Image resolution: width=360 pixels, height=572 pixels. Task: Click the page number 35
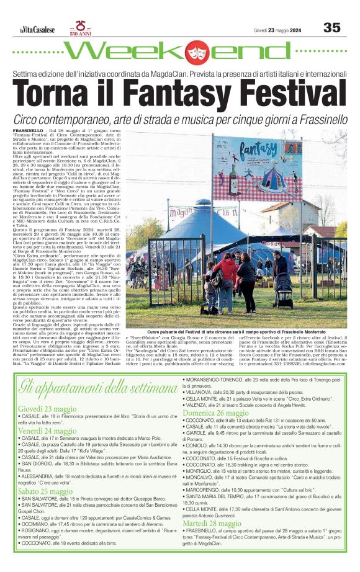[332, 27]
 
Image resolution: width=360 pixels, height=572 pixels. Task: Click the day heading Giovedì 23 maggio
[47, 409]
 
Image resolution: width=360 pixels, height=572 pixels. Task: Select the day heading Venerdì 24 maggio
[47, 431]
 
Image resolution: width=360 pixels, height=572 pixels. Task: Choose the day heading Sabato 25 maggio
[45, 491]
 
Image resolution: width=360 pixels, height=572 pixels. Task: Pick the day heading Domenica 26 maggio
[215, 413]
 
